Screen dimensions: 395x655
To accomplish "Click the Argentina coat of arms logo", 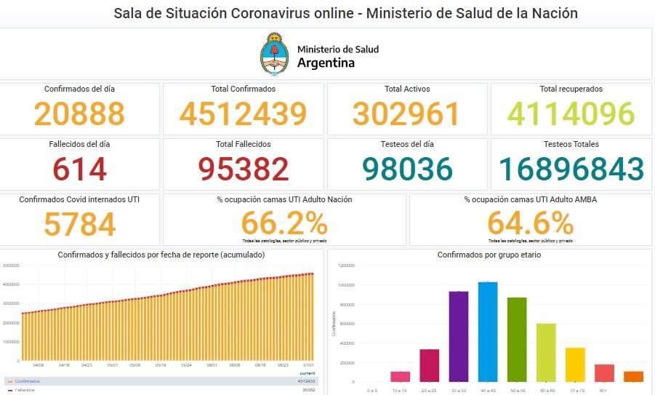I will click(274, 53).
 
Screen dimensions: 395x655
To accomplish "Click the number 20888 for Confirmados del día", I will click(79, 114).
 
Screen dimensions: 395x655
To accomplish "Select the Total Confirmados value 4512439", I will click(243, 114).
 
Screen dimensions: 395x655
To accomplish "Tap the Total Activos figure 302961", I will click(406, 114).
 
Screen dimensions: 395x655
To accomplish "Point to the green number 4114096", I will click(571, 114).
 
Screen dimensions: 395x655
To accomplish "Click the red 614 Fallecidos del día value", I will click(79, 169).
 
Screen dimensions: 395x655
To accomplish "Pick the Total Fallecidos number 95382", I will click(243, 169).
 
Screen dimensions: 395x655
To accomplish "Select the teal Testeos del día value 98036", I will click(406, 169).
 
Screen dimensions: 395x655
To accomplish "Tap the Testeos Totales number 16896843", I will click(571, 169).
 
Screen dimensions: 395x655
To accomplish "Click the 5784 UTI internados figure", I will click(79, 224).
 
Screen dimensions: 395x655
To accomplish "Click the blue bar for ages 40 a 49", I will click(488, 332).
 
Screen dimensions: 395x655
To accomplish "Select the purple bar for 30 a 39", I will click(459, 336).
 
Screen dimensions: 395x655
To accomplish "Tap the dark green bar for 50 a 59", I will click(517, 339).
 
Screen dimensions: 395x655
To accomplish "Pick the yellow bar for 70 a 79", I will click(575, 364).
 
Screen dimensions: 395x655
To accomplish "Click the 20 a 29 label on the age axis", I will click(430, 391).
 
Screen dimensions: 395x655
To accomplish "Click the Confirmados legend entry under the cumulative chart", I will click(28, 380).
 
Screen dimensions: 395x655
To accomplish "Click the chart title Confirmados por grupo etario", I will click(489, 255).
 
